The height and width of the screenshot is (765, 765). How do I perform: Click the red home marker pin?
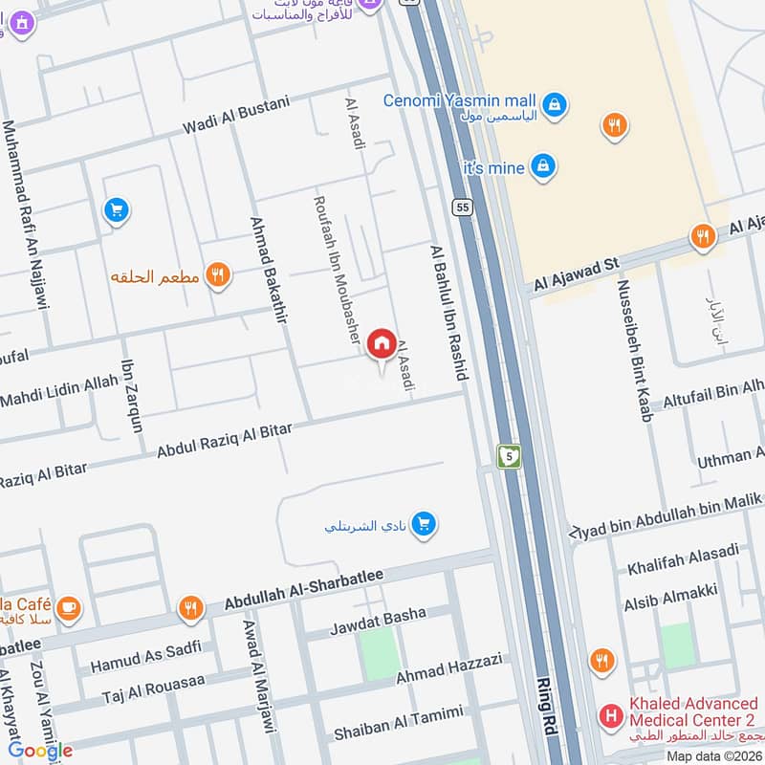point(382,342)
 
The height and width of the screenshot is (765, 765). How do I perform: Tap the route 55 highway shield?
point(464,207)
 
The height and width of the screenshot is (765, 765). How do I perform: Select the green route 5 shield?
point(510,457)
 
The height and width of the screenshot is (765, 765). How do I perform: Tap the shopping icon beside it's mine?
point(543,166)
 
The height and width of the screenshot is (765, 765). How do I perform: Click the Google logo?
point(40,751)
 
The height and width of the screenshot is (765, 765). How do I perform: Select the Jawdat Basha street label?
point(378,622)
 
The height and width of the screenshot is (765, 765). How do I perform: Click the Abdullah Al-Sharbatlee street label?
point(304,588)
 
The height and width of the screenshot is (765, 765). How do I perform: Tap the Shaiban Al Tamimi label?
point(398,723)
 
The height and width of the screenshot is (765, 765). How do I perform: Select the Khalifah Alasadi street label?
point(683,558)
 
